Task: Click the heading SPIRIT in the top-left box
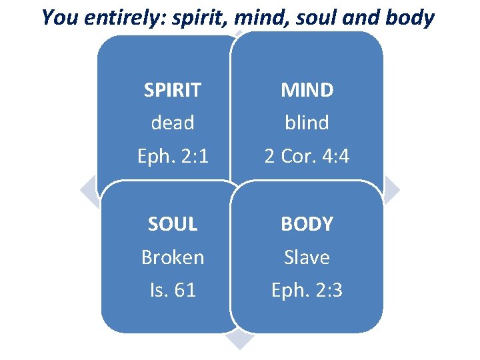[x=173, y=90]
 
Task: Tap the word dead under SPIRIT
[x=173, y=123]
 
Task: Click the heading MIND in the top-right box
[x=307, y=90]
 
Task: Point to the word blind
[x=307, y=123]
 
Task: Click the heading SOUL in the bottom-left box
[x=173, y=224]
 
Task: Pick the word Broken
[x=173, y=257]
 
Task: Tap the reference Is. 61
[x=173, y=290]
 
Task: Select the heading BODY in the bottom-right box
[x=307, y=224]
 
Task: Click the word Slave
[x=307, y=257]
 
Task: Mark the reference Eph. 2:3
[x=307, y=290]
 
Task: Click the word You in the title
[x=57, y=17]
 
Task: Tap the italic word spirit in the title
[x=194, y=18]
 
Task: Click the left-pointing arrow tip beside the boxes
[x=87, y=191]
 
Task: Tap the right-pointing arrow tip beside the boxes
[x=393, y=191]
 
